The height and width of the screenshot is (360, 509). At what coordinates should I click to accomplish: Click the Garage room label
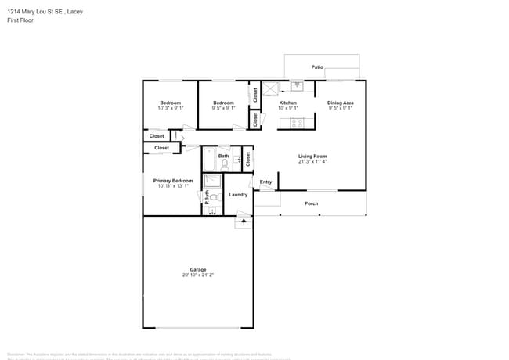tap(197, 269)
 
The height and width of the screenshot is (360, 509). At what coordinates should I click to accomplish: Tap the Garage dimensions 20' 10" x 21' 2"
tap(197, 275)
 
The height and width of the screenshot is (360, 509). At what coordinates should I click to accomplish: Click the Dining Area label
tap(341, 103)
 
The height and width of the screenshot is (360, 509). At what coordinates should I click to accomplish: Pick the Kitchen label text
tap(288, 103)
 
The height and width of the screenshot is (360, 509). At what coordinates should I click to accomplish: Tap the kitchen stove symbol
tap(297, 121)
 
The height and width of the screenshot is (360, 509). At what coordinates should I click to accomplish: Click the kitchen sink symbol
tap(298, 86)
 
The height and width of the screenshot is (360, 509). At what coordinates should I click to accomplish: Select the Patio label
tap(317, 67)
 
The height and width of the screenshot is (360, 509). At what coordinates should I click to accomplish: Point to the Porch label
tap(312, 203)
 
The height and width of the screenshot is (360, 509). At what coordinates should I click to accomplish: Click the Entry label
tap(265, 182)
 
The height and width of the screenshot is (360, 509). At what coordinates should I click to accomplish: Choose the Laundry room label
tap(238, 194)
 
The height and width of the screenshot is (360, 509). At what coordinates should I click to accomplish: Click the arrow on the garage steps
tap(244, 222)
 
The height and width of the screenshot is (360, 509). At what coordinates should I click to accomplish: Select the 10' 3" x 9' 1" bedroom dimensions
tap(171, 108)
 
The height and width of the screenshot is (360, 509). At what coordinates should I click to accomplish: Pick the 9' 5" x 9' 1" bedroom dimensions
tap(224, 108)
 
